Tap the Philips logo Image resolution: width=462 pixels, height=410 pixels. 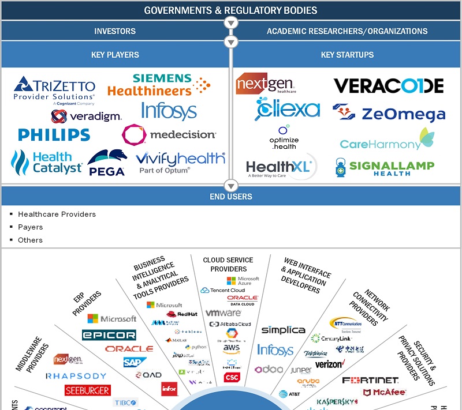[54, 135]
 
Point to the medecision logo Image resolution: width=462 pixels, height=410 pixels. [169, 135]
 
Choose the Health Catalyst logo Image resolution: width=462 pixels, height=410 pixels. [47, 163]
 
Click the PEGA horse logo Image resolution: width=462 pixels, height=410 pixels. [107, 163]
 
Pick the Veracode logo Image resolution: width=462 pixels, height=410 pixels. [389, 86]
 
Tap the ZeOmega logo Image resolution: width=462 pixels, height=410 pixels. [389, 113]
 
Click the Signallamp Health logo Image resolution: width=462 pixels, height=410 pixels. [385, 167]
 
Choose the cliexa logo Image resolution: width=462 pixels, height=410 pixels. [287, 108]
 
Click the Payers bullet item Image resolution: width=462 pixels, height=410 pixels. [31, 227]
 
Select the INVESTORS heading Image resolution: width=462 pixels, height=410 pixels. [115, 31]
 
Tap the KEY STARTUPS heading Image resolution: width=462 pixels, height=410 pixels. [347, 55]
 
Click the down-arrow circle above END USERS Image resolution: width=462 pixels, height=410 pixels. [231, 185]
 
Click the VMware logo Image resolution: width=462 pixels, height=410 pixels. [223, 313]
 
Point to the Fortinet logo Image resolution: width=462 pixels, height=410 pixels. [370, 380]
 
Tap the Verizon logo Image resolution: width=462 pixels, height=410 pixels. [330, 364]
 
